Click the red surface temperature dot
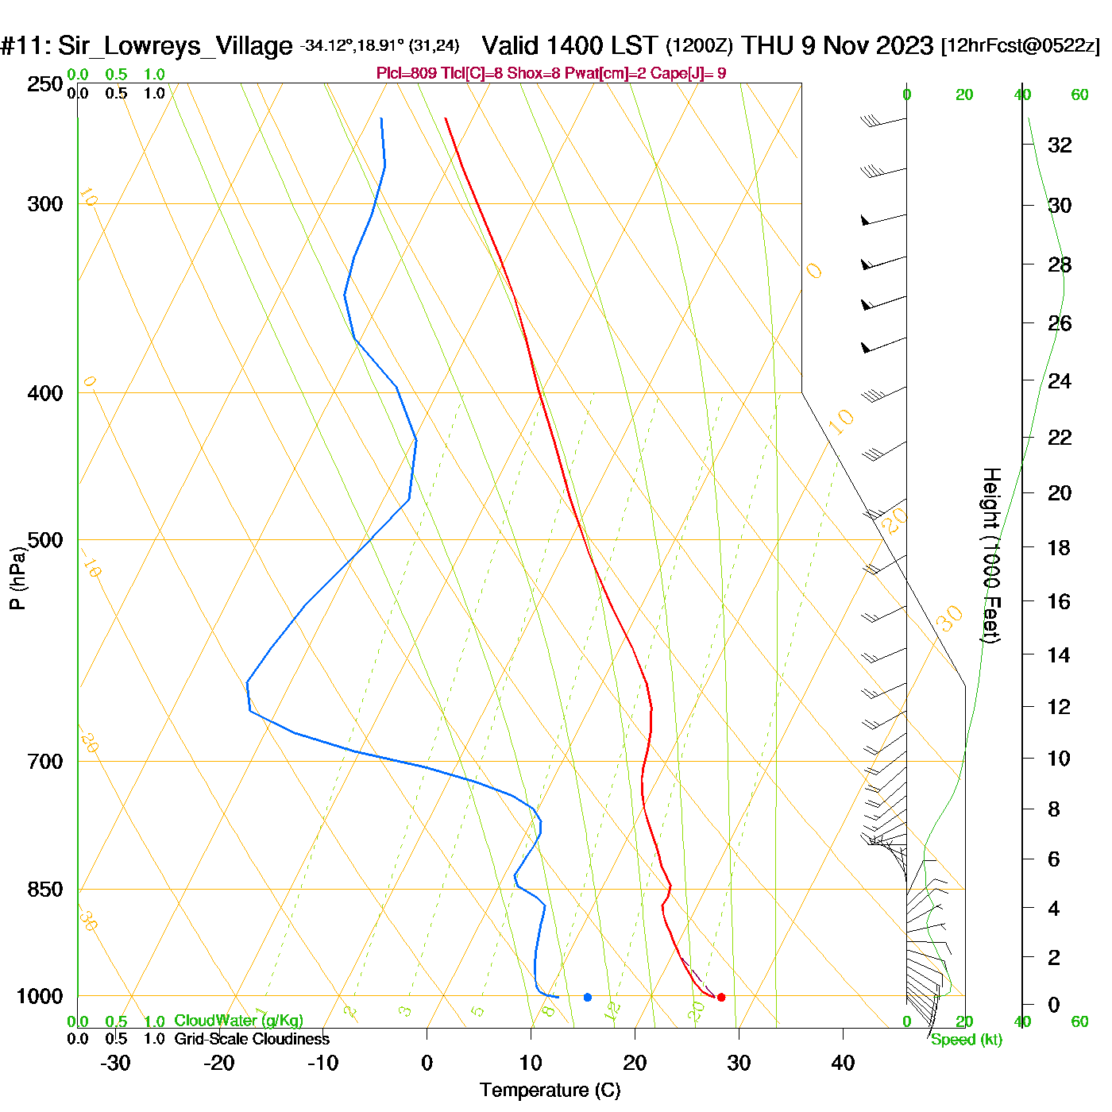coord(721,997)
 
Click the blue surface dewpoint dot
coord(588,997)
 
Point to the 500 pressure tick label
coord(45,540)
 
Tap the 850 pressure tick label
coord(45,890)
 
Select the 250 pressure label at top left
coord(45,84)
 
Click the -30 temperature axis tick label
coord(115,1063)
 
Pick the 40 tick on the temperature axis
coord(843,1063)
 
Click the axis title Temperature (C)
coord(550,1091)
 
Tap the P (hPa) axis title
coord(17,577)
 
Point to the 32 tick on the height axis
coord(1060,145)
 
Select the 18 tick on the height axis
coord(1059,547)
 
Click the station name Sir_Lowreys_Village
coord(175,45)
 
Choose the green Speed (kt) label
coord(967,1040)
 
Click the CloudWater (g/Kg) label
coord(238,1021)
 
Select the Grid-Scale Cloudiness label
coord(252,1039)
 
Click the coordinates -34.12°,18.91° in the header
coord(353,46)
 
